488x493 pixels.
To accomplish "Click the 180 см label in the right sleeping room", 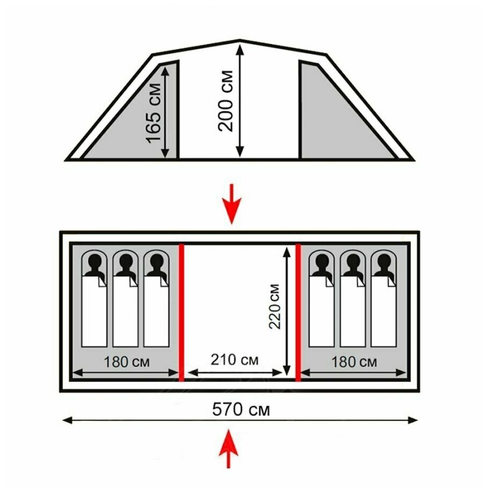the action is click(354, 362).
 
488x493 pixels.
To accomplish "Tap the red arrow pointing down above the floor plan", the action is click(231, 204).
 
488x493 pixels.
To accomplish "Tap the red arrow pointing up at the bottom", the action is click(230, 449).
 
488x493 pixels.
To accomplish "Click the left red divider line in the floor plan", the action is click(181, 312).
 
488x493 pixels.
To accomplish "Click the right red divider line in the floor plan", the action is click(298, 312).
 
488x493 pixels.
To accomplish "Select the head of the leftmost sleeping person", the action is click(95, 263).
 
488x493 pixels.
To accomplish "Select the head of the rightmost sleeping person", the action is click(384, 263).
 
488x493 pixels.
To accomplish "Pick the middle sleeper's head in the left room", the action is click(126, 263).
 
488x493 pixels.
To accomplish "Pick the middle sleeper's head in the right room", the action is click(353, 263).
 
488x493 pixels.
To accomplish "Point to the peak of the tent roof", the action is click(239, 40).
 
